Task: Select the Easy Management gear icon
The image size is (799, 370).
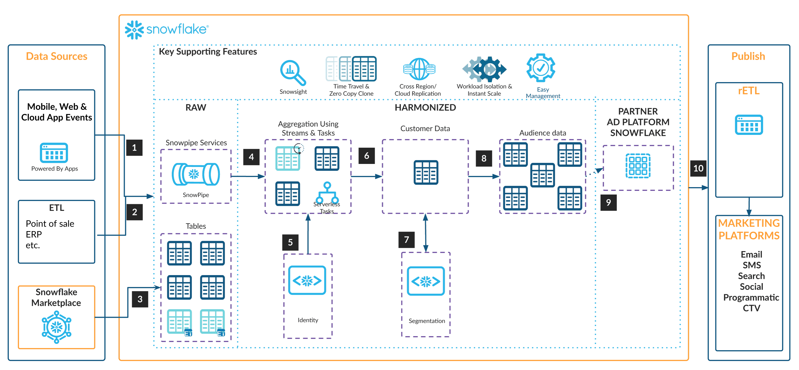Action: [541, 68]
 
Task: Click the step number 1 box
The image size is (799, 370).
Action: [134, 148]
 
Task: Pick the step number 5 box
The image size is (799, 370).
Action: [290, 242]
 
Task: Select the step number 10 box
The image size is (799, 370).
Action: [698, 168]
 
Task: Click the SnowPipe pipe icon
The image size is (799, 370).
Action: [196, 174]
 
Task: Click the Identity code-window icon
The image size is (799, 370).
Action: [307, 280]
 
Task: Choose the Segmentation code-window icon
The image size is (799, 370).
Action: [426, 281]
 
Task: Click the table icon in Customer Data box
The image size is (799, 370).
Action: [426, 172]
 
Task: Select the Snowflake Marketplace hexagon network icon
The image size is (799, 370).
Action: [56, 327]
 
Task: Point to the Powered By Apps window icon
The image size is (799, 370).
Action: [54, 153]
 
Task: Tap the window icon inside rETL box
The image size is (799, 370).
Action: [749, 125]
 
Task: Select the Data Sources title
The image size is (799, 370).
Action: [56, 57]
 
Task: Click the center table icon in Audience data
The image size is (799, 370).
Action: [542, 175]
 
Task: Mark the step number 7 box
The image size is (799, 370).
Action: [406, 240]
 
